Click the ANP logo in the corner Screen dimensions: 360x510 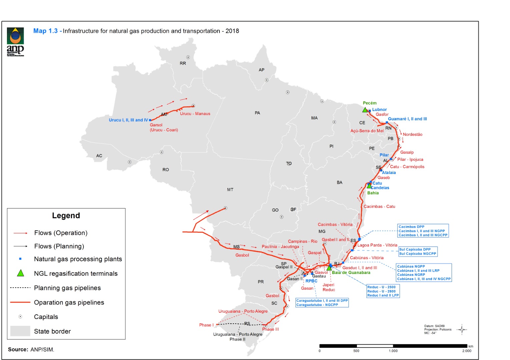point(15,42)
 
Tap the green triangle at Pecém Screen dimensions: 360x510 point(365,110)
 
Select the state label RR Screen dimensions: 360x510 point(183,63)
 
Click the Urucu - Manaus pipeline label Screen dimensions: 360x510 point(195,114)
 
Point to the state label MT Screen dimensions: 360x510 point(230,190)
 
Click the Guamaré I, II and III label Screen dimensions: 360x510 point(407,119)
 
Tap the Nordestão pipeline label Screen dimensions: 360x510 point(412,135)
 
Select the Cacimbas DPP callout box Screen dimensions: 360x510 point(423,231)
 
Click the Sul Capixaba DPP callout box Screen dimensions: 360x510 point(418,252)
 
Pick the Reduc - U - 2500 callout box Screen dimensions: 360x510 point(383,291)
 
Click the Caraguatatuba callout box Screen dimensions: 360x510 point(322,303)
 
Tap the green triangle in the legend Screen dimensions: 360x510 point(21,273)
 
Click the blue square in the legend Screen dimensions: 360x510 point(20,259)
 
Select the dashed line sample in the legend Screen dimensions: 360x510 point(20,288)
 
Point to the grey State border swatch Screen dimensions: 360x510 point(20,331)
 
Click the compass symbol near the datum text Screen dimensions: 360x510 point(462,330)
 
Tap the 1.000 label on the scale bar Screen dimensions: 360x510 point(393,351)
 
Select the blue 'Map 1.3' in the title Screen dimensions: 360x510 point(45,31)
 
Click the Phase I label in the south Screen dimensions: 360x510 point(205,325)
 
